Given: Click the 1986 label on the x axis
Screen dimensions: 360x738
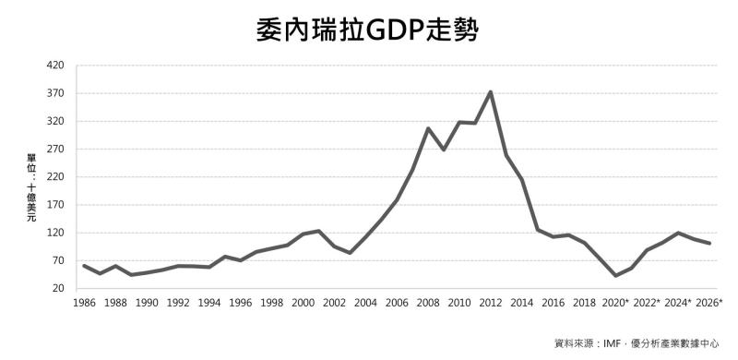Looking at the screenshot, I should tap(84, 303).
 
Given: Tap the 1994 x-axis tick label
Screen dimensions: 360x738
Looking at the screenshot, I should tap(209, 303).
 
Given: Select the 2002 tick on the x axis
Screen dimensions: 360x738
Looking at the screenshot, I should tap(334, 303).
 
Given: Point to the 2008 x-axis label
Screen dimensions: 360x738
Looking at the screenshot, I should tap(428, 303).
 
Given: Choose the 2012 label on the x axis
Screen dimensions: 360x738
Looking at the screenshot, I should tap(491, 303).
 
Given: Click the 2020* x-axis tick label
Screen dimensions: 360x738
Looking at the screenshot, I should tap(616, 303).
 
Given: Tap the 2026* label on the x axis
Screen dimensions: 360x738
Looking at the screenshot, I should tap(708, 303).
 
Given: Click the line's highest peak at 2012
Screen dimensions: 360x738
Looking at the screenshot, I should tap(491, 91).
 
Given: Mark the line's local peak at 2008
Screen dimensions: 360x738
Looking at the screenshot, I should tap(428, 128).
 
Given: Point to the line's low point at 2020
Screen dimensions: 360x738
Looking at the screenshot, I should tap(615, 276).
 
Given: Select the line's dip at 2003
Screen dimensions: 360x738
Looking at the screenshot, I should tap(350, 253).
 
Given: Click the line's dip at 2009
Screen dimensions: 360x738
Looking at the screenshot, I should tap(444, 150).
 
